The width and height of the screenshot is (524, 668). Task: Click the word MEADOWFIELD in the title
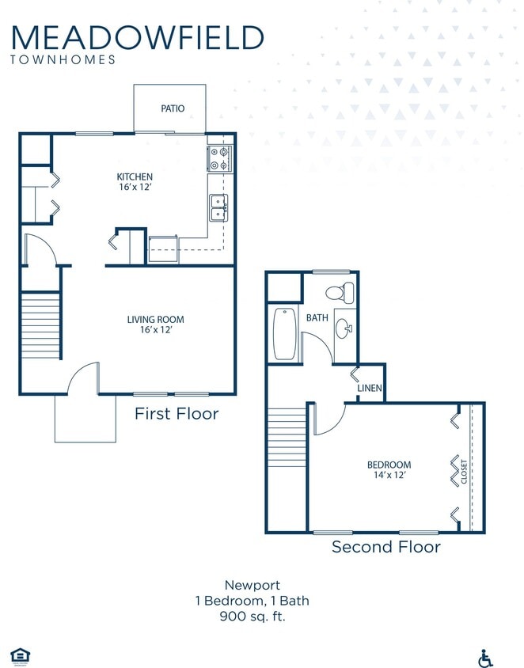tap(138, 37)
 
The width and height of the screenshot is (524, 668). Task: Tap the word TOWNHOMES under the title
tap(63, 59)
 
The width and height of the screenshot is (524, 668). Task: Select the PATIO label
tap(173, 108)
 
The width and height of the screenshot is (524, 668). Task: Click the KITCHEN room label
tap(135, 176)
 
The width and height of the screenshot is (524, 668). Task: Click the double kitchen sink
tap(218, 208)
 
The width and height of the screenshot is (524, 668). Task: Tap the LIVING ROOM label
tap(155, 320)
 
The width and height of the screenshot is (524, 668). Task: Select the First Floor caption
tap(176, 413)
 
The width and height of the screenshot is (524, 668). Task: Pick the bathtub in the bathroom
tap(283, 332)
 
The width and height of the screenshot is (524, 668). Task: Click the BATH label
tap(317, 317)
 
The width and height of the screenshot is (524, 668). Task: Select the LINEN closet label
tap(370, 389)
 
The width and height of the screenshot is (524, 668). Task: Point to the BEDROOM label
tap(389, 465)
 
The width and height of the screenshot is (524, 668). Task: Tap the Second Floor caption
tap(385, 546)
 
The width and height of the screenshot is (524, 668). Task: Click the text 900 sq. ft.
tap(252, 616)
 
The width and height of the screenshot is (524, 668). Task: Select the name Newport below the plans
tap(252, 586)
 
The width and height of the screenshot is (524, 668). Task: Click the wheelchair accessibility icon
tap(485, 658)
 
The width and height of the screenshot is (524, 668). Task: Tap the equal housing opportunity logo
tap(19, 655)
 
